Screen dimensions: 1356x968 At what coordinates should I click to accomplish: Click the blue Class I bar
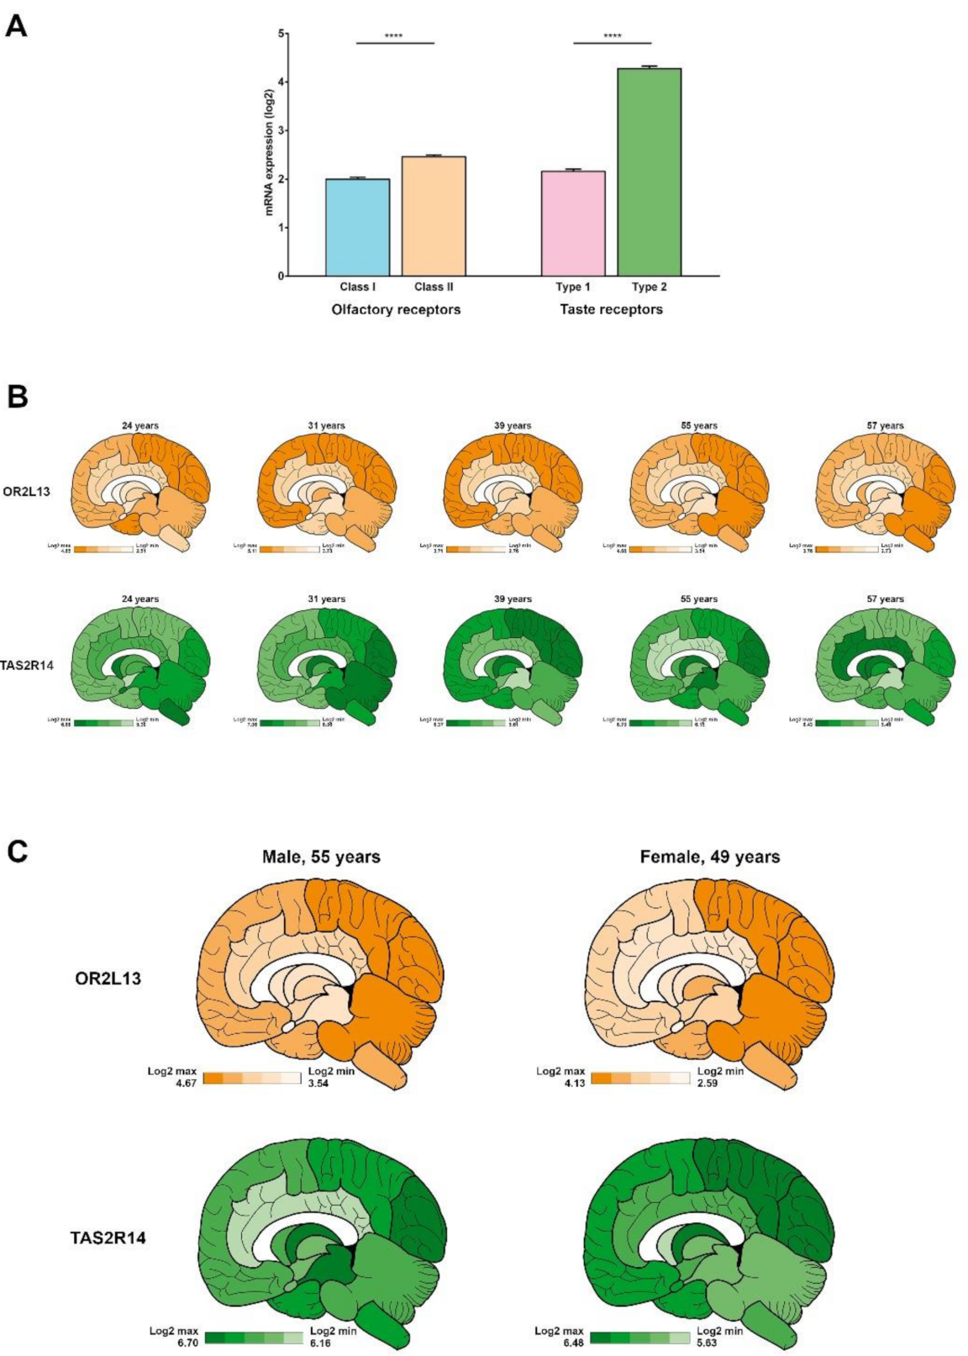tap(357, 227)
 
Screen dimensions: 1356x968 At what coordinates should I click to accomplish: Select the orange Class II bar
tap(434, 216)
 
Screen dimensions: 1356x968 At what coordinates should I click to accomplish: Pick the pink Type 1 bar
tap(573, 223)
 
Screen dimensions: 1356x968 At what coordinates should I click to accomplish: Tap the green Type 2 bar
tap(649, 171)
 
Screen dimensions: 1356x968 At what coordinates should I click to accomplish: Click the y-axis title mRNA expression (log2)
tap(270, 151)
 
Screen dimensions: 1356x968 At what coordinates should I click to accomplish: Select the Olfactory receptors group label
tap(396, 309)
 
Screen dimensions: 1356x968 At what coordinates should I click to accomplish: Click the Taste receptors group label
tap(611, 309)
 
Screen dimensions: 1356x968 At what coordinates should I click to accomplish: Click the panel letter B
tap(17, 397)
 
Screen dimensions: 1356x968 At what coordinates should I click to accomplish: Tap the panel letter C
tap(17, 852)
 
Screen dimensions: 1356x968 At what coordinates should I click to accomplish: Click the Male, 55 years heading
tap(321, 857)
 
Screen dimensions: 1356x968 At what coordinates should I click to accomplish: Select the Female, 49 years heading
tap(710, 857)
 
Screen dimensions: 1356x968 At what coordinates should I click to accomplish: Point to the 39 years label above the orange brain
tap(513, 425)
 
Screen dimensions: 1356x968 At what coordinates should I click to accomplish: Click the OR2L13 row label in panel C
tap(108, 979)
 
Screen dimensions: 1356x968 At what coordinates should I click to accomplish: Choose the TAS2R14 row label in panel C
tap(108, 1237)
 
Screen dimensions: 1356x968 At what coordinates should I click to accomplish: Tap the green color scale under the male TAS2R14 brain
tap(254, 1337)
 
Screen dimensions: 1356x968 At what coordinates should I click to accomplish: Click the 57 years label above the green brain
tap(886, 599)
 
